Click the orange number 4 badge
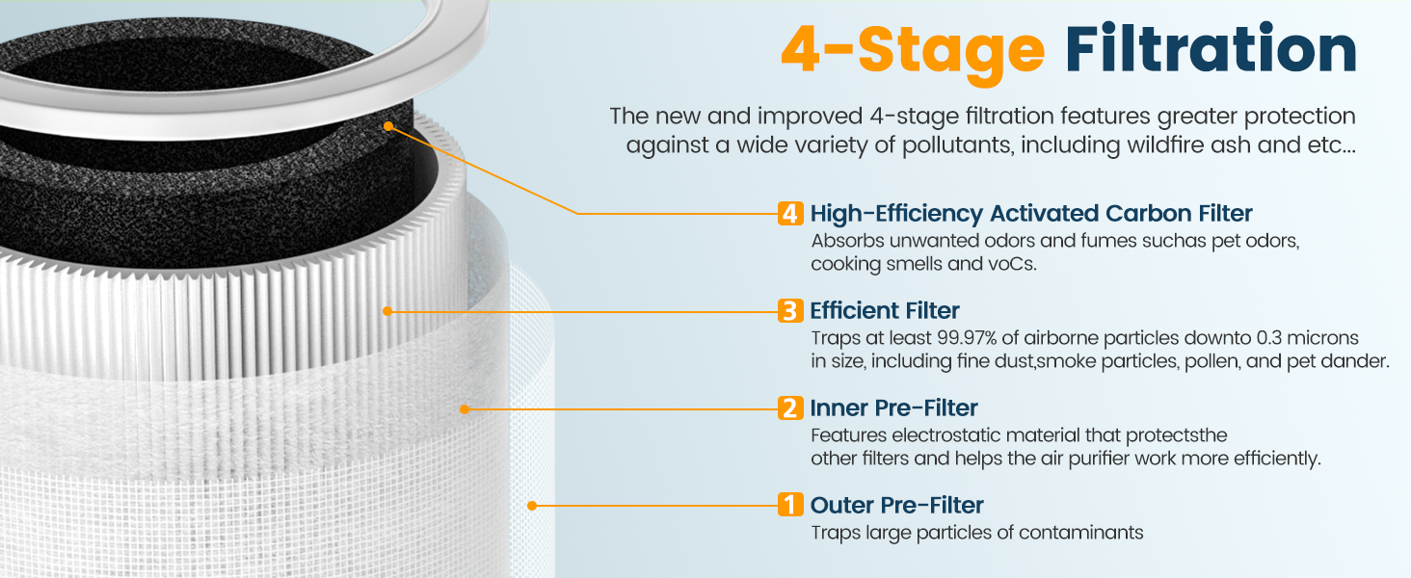tap(790, 214)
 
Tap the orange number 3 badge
tap(790, 311)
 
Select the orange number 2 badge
tap(790, 408)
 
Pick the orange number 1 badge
tap(790, 505)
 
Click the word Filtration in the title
tap(1211, 49)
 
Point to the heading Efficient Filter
tap(885, 311)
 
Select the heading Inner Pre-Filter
tap(893, 408)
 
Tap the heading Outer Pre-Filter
tap(896, 505)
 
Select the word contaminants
tap(1081, 533)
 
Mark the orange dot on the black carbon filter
tap(388, 126)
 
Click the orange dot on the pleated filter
tap(387, 311)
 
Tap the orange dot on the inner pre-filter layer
tap(465, 409)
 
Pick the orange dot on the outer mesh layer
tap(532, 506)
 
